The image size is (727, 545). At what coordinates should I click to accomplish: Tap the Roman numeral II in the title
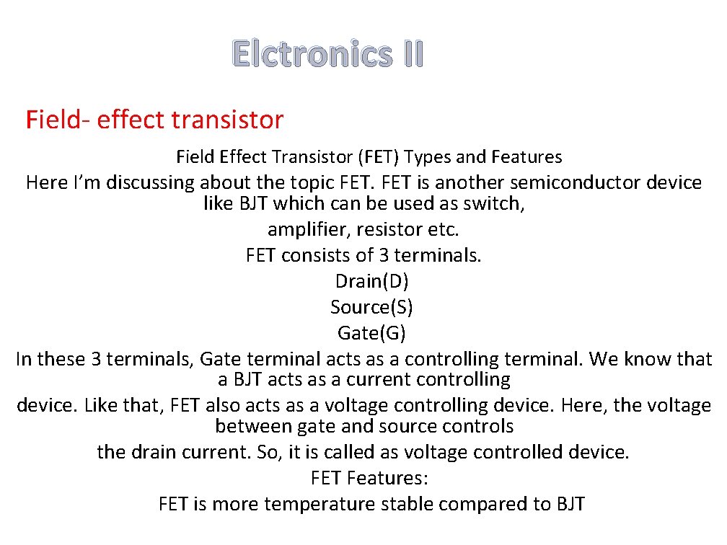click(x=409, y=54)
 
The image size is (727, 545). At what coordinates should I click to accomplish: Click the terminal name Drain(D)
click(x=371, y=281)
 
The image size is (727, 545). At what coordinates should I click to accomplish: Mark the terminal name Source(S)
click(x=371, y=307)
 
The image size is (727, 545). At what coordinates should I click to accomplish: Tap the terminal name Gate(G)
click(x=371, y=333)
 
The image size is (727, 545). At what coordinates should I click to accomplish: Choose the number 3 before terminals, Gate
click(x=96, y=359)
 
